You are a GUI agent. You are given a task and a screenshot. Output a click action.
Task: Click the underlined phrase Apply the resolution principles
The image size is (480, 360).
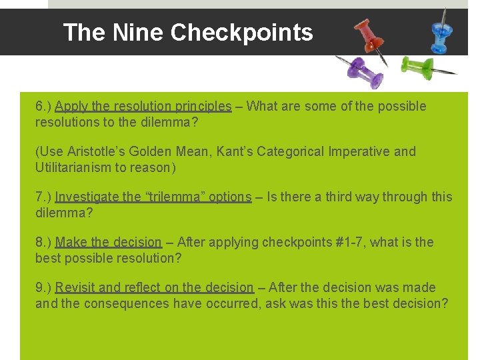coord(143,107)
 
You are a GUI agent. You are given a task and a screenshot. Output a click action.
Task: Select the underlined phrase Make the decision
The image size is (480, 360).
coord(109,243)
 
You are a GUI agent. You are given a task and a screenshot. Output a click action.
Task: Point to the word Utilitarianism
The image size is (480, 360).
coord(73,168)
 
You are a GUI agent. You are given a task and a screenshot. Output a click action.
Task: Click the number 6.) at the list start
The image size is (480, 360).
coord(43,107)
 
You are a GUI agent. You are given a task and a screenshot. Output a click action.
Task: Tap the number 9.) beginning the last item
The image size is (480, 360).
coord(43,288)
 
